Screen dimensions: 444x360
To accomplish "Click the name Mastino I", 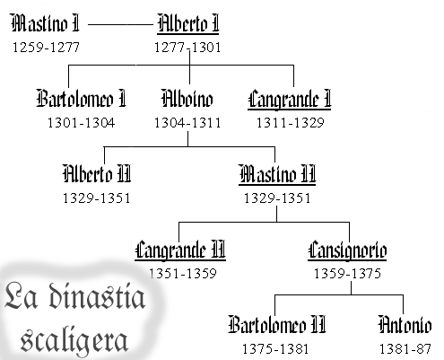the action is [46, 23].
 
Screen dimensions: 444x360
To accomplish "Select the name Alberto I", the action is [188, 23].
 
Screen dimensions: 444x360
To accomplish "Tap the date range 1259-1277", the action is [46, 48].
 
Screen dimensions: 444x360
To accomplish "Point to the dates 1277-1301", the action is [187, 48].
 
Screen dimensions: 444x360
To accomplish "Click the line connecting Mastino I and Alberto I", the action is [120, 24].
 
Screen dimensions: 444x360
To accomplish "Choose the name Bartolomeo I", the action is [82, 98].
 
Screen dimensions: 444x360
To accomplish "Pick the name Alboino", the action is [187, 98].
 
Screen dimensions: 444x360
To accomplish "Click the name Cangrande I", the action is [290, 100].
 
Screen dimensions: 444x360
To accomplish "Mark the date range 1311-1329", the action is [291, 123].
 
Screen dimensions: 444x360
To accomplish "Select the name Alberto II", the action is [97, 173].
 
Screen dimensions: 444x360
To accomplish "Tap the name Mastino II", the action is [277, 174].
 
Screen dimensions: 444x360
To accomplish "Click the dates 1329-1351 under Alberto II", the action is [96, 198].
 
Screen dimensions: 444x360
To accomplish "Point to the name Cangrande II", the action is [180, 250].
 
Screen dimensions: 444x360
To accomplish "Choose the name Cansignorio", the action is [347, 250].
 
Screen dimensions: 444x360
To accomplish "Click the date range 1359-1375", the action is [347, 274].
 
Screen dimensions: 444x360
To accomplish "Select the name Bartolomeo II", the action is [277, 324].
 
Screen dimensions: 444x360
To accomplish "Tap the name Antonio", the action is [405, 324].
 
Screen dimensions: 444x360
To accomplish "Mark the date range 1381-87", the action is [405, 349].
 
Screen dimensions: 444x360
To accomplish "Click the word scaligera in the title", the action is [74, 340].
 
